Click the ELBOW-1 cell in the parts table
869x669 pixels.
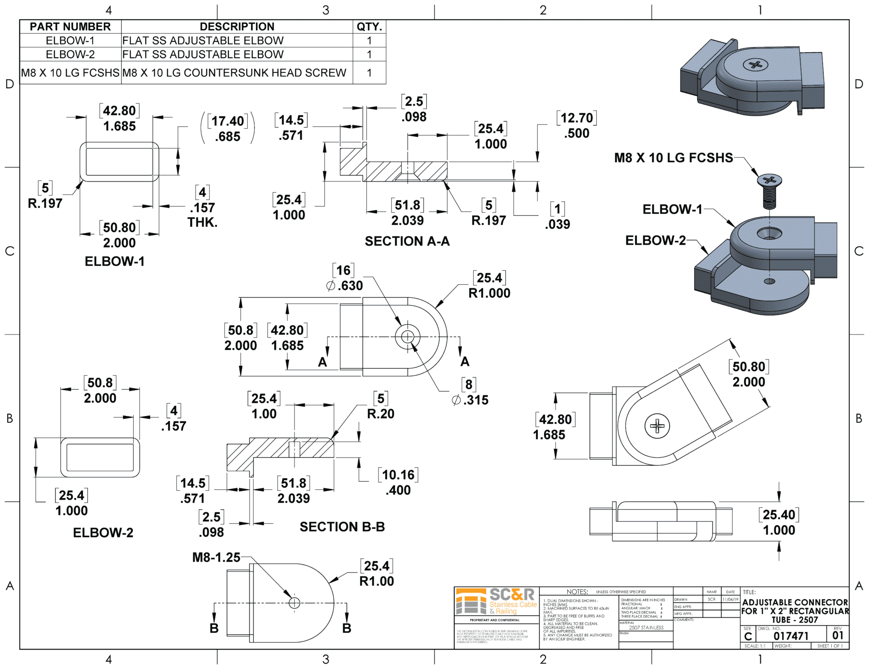pos(70,41)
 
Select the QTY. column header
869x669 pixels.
pos(369,27)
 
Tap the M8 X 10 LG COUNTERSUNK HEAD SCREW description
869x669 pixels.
pos(234,73)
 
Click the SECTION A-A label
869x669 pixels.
pos(407,241)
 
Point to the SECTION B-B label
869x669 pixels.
pos(342,527)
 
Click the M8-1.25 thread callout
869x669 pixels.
pos(216,557)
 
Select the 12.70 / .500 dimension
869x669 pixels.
pos(576,125)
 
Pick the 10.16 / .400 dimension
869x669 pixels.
pos(398,482)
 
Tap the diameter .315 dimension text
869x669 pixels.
pos(470,400)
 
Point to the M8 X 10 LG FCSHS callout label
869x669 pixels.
pos(673,158)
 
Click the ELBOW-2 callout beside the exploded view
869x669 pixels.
pos(655,240)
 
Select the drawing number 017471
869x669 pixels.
pos(791,636)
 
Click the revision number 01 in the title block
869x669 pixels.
pos(838,635)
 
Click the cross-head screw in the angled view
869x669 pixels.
pos(657,426)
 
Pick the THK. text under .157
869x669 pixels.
pos(202,223)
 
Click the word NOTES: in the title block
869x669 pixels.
pos(577,592)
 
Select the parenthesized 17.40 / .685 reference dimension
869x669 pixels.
pos(228,128)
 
